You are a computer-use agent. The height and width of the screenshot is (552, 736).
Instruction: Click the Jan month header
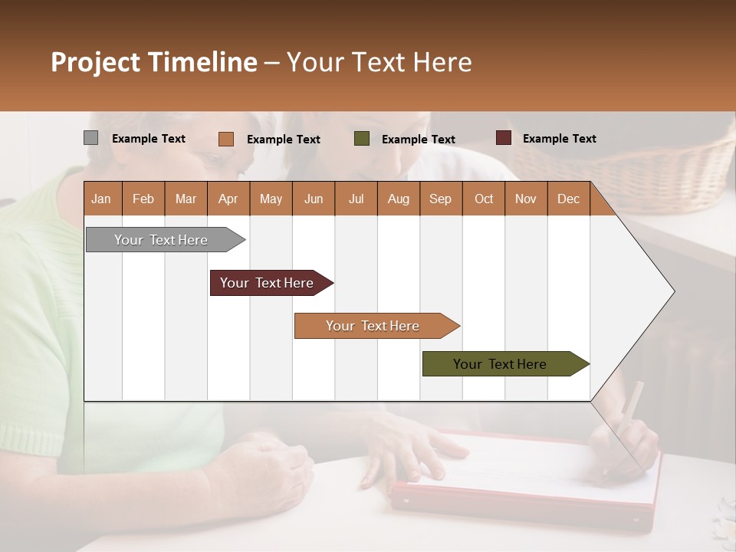click(102, 199)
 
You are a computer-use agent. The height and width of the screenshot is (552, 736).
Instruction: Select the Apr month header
click(228, 199)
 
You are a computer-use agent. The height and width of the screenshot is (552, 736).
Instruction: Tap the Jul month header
click(356, 199)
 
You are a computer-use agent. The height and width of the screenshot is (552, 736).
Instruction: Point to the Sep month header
click(441, 199)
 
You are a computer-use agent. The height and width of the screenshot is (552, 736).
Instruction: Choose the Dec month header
click(568, 199)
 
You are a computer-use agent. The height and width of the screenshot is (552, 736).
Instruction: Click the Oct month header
click(484, 199)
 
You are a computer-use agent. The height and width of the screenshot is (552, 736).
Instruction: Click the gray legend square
click(90, 138)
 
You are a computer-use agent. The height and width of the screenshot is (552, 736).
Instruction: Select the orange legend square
click(225, 139)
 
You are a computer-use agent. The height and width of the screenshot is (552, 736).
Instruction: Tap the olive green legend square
click(362, 139)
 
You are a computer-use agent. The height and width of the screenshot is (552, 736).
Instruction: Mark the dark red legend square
click(503, 138)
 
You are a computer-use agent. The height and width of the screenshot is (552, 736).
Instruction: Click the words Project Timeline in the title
click(153, 62)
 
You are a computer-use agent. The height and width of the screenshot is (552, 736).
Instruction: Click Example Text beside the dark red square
click(559, 138)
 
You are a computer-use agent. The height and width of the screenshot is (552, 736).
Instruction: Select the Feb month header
click(143, 199)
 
